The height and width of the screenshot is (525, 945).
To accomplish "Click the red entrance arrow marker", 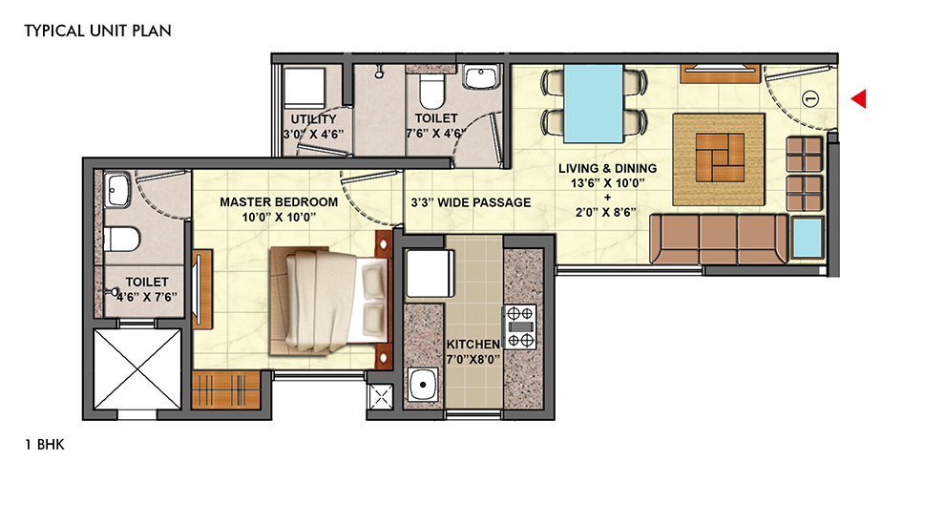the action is pos(859,98).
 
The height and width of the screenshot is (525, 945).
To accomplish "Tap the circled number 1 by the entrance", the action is pos(810,98).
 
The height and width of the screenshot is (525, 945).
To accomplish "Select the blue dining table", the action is pos(593,103).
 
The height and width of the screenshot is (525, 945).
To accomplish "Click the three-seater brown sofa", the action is pos(719,239).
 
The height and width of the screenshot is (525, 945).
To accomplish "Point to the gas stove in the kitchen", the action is pos(519,326).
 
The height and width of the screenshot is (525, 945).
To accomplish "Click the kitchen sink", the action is pos(424,385).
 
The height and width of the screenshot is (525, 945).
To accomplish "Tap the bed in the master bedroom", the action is pos(329,300).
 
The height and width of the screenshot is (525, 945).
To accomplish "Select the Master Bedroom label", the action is pos(279,202).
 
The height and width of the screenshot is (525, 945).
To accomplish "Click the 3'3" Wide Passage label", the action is pos(471,202).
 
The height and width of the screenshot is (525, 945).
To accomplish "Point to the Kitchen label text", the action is pos(473,345).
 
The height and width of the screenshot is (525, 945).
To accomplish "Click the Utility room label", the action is pos(313,119).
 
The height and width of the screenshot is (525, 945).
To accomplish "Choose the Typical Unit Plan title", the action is pos(97,31).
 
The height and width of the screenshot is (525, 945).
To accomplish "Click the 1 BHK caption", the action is pos(45,445).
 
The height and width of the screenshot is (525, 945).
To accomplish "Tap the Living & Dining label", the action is pos(607,169).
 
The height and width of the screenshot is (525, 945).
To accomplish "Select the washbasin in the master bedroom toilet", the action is pos(116,189).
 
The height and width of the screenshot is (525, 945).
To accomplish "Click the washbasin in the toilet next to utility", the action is pos(480,77).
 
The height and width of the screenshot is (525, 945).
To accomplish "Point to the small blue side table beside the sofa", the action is pos(807,238).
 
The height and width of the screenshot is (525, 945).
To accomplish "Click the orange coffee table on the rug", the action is pos(720,157).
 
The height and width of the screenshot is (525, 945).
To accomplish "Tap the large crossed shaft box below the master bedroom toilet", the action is pos(137,369).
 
